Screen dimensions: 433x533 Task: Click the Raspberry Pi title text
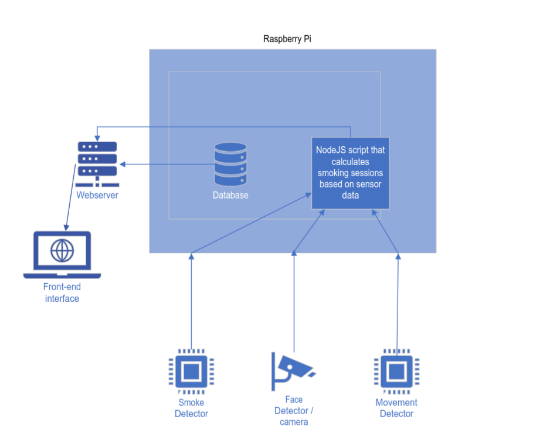[x=291, y=39]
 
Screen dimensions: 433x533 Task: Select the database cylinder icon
[x=230, y=165]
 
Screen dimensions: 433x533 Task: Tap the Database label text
[x=230, y=195]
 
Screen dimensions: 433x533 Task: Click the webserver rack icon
[x=97, y=162]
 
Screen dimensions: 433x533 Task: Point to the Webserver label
[x=97, y=195]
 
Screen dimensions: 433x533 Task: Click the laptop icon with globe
[x=62, y=254]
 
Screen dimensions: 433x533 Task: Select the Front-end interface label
[x=62, y=293]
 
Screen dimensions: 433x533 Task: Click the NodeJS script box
[x=351, y=173]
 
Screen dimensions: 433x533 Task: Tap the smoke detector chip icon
[x=191, y=371]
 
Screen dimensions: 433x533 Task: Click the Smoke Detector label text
[x=191, y=408]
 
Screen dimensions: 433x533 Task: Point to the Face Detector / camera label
[x=294, y=411]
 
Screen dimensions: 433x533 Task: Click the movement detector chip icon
[x=396, y=371]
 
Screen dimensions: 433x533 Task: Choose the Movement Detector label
[x=396, y=408]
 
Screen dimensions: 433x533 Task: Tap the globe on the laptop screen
[x=62, y=251]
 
